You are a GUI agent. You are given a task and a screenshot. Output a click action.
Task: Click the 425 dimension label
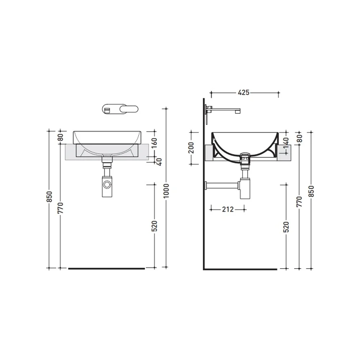[x=243, y=93]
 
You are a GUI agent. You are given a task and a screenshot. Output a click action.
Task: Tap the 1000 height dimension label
[x=166, y=191]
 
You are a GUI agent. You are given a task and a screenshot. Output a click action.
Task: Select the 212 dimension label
[x=228, y=210]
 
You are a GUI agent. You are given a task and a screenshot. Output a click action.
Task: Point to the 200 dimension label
[x=191, y=148]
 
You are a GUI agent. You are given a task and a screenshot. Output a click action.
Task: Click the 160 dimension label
[x=154, y=143]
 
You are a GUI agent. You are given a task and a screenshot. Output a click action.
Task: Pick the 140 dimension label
[x=286, y=144]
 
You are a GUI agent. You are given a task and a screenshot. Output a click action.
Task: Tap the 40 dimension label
[x=159, y=162]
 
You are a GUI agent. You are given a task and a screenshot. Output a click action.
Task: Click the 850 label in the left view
[x=49, y=197]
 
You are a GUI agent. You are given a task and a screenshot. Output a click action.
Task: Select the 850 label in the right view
[x=311, y=191]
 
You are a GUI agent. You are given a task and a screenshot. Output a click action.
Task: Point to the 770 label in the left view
[x=60, y=208]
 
